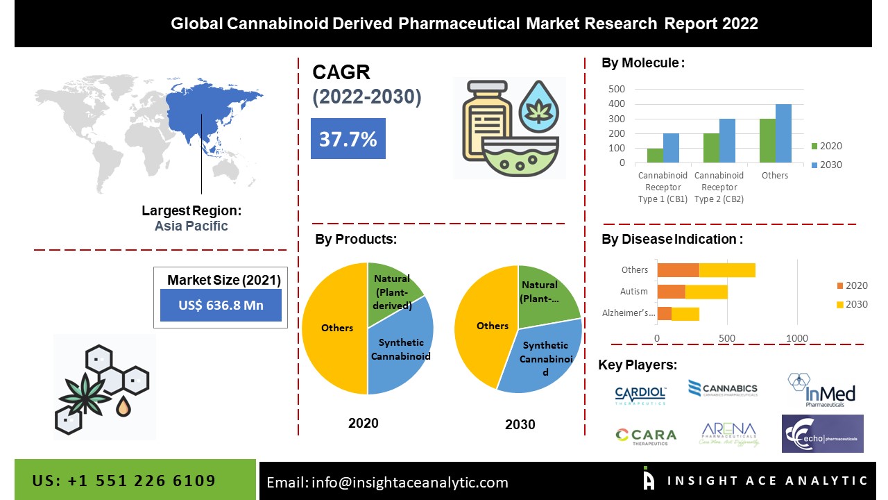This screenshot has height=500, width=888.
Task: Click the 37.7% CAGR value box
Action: point(348,139)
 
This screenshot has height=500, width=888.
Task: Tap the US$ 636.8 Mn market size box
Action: point(221,306)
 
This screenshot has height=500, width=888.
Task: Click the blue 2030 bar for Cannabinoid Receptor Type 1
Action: point(671,148)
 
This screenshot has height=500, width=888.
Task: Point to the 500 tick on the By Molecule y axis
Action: point(617,89)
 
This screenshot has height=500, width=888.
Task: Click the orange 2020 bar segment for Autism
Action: point(671,292)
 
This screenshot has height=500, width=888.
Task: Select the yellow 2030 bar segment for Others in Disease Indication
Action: point(727,269)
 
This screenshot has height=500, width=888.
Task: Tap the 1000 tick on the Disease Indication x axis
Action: point(797,338)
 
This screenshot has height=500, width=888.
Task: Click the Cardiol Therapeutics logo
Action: point(640,394)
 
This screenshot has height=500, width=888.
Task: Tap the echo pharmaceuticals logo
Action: point(822,434)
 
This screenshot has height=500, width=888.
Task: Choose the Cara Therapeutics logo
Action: point(645,435)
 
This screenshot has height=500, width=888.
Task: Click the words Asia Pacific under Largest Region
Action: point(191,226)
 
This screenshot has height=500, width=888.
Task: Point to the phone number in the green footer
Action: point(124,481)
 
